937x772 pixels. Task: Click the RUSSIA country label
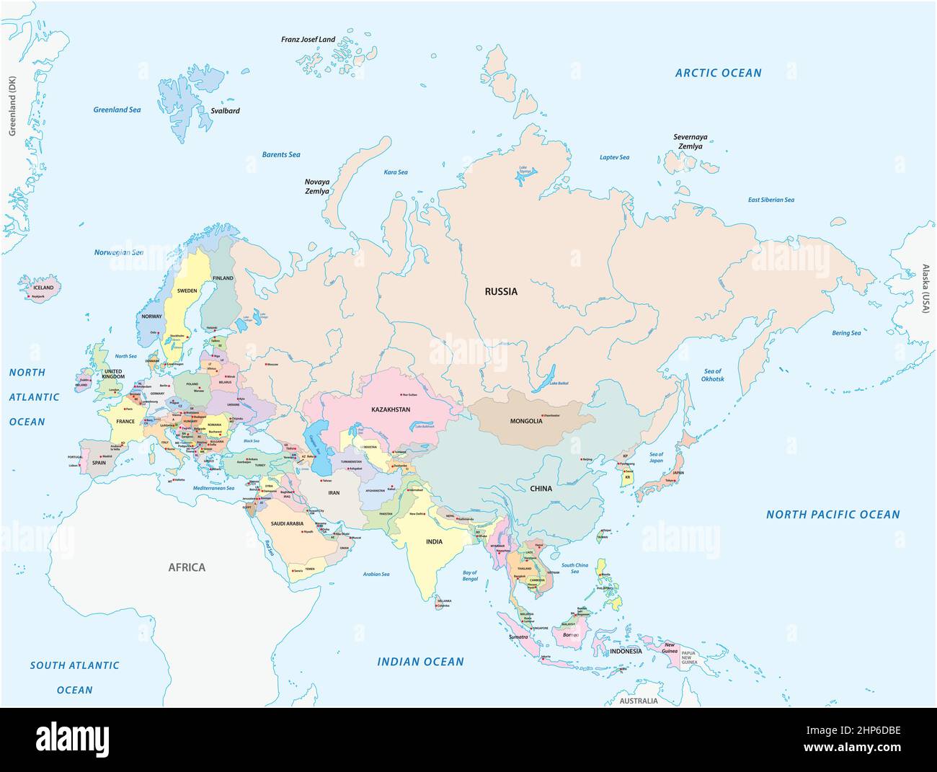click(500, 292)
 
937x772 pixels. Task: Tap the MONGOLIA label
click(525, 421)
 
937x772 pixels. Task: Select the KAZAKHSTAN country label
click(391, 409)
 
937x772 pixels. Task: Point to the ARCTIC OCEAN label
click(718, 73)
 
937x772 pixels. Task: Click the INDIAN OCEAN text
click(421, 661)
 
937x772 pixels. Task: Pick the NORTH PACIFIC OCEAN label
click(832, 514)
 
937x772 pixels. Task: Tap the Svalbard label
click(225, 111)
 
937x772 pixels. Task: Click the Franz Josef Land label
click(308, 40)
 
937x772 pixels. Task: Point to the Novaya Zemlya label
click(316, 187)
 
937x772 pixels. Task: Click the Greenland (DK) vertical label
click(12, 106)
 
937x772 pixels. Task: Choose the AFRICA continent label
click(187, 567)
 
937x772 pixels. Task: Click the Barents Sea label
click(280, 154)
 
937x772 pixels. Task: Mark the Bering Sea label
click(846, 333)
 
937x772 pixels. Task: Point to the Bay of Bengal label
click(470, 576)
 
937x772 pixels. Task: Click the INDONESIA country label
click(625, 651)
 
